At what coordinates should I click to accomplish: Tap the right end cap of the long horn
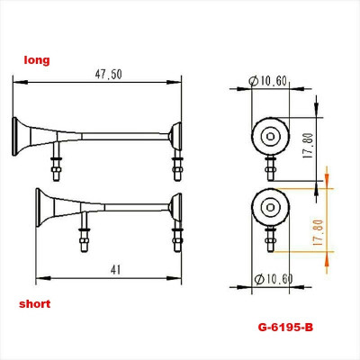(x=177, y=136)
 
